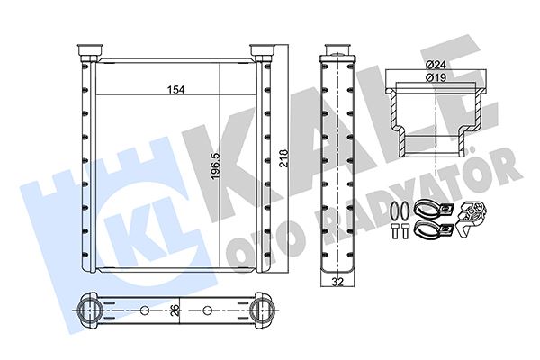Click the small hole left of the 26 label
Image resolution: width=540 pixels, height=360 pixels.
(145, 311)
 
